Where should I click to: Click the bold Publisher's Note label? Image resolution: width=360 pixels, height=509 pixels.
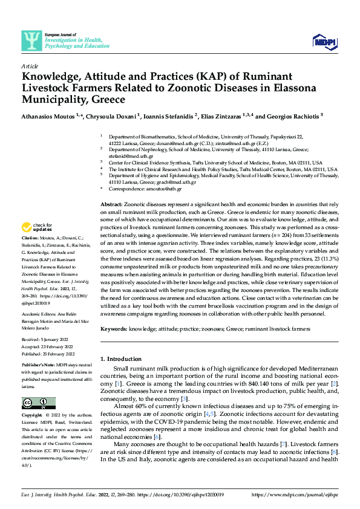coord(39,366)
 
